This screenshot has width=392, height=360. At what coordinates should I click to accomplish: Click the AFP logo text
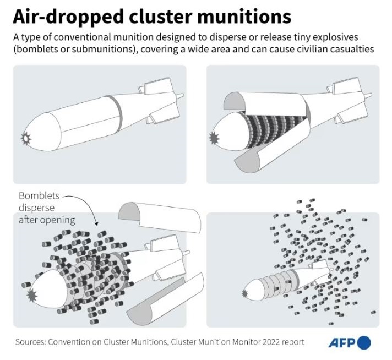pos(342,343)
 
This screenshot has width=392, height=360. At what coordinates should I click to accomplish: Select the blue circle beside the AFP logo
pos(364,343)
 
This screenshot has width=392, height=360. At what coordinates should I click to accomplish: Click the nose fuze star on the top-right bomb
pos(214,137)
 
